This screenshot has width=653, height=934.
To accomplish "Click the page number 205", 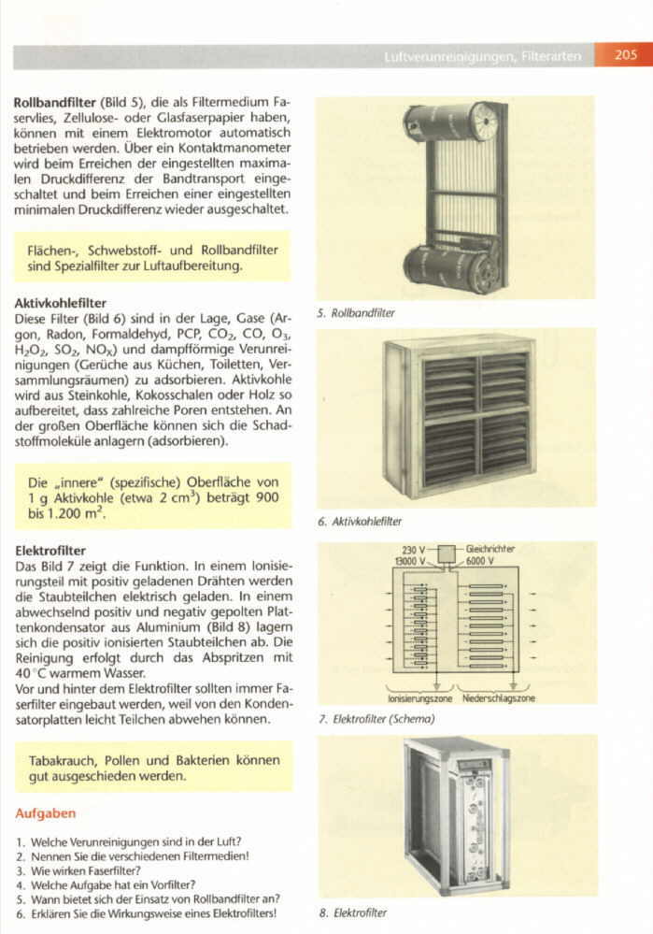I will coord(625,56).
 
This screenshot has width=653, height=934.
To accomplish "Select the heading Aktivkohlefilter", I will coord(61,303).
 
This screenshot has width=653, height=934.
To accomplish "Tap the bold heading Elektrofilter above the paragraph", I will coord(51,551).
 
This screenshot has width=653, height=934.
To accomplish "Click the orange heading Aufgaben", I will coord(46,813).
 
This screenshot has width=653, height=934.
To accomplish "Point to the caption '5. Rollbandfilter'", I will coord(356,313).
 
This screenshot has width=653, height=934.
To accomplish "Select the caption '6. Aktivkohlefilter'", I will coord(360,521).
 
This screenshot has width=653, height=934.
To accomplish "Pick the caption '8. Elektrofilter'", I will coord(352,912).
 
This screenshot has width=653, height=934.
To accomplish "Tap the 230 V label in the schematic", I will coord(414,550).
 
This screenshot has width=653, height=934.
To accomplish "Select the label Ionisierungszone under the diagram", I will coord(419,697).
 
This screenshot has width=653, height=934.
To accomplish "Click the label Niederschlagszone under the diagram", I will coord(499,697).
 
